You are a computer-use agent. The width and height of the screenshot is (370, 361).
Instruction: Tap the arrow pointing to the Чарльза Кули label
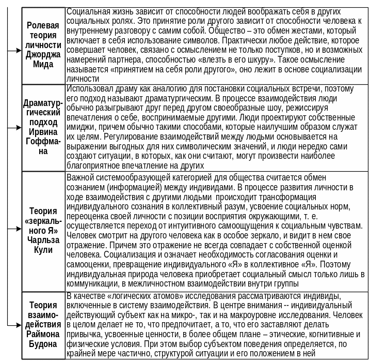tap(15, 230)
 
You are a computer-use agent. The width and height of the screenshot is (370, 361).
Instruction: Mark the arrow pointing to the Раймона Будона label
tap(15, 325)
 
